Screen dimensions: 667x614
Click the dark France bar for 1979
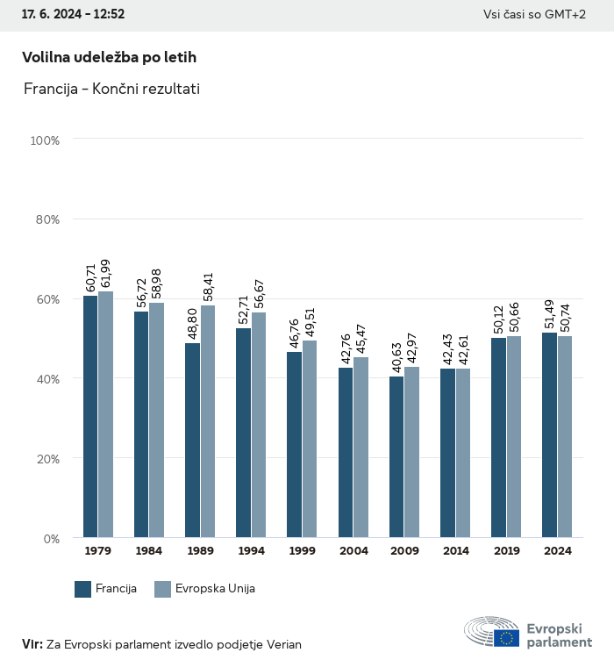click(x=90, y=417)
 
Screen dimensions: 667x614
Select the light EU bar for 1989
click(x=208, y=421)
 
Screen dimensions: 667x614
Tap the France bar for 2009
click(x=396, y=456)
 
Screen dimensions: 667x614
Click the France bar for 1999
click(x=294, y=444)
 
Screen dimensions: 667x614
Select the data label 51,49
click(x=550, y=316)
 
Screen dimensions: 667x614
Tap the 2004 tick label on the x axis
click(x=353, y=551)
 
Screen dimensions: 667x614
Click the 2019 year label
click(x=506, y=551)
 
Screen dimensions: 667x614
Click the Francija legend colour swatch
click(x=83, y=589)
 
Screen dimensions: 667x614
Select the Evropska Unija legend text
click(x=215, y=589)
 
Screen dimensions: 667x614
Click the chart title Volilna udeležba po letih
click(x=109, y=57)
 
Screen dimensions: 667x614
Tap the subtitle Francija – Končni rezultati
click(x=111, y=89)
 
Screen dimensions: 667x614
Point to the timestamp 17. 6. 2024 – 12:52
click(x=73, y=14)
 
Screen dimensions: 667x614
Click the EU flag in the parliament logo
click(x=506, y=638)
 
